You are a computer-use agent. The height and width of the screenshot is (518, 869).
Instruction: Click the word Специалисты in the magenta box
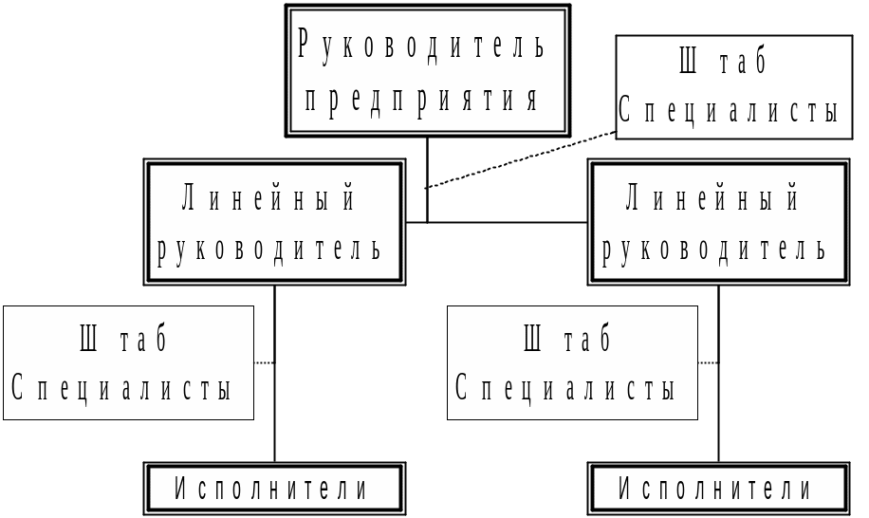click(x=729, y=112)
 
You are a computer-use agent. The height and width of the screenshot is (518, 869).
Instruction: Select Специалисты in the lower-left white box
click(x=122, y=388)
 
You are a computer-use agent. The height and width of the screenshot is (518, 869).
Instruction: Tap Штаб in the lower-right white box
click(x=567, y=339)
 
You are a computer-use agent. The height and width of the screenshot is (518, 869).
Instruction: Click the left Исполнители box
click(x=273, y=490)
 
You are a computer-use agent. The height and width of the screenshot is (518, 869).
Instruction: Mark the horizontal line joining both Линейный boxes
click(x=498, y=223)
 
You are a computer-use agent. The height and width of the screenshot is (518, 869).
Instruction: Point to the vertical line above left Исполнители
click(x=275, y=417)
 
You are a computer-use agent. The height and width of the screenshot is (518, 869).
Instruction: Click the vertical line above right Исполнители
click(x=718, y=417)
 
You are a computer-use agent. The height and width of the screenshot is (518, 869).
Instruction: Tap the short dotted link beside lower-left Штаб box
click(x=265, y=362)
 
